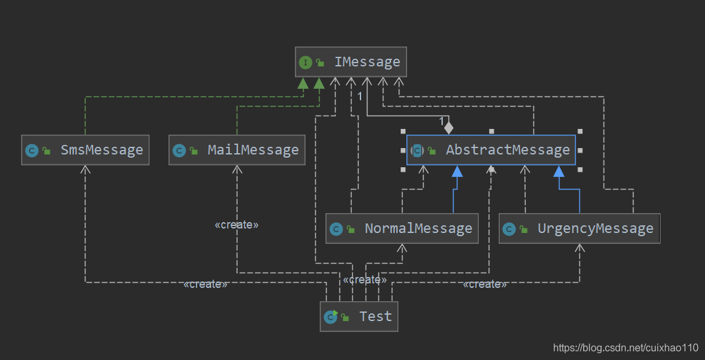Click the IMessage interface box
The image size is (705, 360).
coord(351,62)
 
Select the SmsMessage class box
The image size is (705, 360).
coord(85,150)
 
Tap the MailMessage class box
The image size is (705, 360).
coord(237,150)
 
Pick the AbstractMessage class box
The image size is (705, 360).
coord(491,150)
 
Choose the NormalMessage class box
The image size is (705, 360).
coord(402,229)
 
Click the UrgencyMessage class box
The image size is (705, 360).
coord(579,229)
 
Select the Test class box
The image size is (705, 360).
coord(359,317)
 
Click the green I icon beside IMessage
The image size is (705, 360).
coord(306,62)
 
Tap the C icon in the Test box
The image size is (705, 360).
coord(330,317)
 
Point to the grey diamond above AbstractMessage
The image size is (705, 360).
coord(449,128)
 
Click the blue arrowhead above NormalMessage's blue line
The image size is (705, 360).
coord(457,171)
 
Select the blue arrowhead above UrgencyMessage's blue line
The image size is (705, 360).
coord(559,171)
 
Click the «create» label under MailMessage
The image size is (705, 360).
coord(237,225)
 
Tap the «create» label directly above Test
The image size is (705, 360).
coord(365,280)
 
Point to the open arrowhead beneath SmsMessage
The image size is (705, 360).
coord(85,169)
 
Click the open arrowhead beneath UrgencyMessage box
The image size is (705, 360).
coord(579,248)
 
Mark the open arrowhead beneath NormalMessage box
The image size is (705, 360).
coord(402,248)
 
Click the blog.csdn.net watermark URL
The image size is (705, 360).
coord(625,347)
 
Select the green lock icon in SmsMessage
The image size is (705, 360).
coord(47,151)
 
